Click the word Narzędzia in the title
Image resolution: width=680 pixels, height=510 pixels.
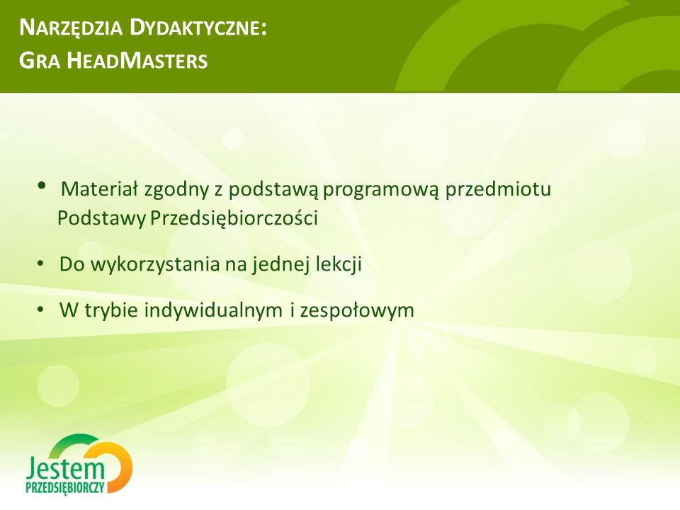tap(71, 28)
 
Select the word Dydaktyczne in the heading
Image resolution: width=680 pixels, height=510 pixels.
tap(196, 28)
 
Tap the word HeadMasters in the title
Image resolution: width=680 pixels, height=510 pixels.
tap(137, 61)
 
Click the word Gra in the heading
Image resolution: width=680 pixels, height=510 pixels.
tap(40, 61)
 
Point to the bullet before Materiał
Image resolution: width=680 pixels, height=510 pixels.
tap(42, 186)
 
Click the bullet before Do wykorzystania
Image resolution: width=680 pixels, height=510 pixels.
tap(41, 263)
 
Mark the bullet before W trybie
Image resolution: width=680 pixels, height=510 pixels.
tap(41, 310)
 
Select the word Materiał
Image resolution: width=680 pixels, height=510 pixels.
tap(99, 188)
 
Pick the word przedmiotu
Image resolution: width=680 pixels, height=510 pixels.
tap(498, 190)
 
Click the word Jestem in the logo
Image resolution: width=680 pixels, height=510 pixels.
tap(65, 469)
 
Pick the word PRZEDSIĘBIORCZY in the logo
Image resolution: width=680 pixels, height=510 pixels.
tap(65, 487)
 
